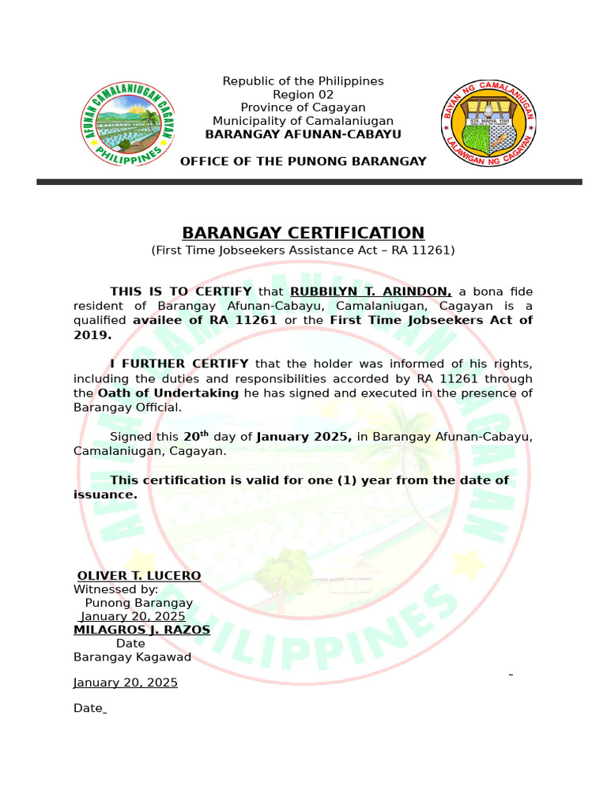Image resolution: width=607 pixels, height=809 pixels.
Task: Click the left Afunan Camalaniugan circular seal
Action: click(129, 123)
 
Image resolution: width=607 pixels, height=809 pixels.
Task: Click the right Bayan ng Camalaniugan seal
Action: click(488, 122)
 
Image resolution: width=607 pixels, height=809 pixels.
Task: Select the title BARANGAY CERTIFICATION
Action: click(303, 233)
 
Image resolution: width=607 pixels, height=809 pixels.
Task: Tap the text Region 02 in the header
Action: click(303, 94)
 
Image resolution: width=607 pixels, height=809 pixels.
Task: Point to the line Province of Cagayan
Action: click(303, 107)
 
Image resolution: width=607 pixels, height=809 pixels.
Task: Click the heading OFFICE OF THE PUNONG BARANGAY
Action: click(303, 161)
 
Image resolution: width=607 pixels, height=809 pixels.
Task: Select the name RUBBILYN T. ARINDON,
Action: click(371, 292)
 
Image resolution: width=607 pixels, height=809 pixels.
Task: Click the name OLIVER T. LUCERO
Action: click(139, 575)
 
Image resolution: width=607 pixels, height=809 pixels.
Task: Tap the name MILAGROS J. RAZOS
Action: click(141, 630)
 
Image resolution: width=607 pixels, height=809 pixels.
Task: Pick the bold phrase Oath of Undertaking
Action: click(168, 393)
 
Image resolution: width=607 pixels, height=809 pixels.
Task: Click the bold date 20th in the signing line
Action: click(196, 436)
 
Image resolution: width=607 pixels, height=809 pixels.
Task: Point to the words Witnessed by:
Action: click(115, 589)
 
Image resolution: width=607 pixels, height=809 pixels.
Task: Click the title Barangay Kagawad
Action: click(132, 657)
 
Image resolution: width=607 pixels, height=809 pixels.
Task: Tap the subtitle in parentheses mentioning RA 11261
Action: click(303, 250)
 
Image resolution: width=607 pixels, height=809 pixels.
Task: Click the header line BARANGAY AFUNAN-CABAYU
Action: click(303, 134)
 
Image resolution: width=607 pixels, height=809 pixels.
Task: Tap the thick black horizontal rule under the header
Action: click(309, 182)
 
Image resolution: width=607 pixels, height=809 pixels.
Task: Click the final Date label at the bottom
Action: click(88, 709)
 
